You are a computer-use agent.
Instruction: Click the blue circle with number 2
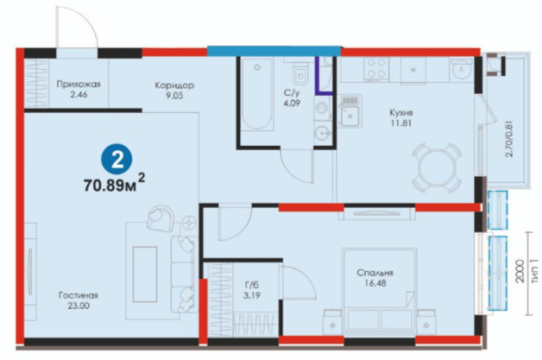point(117,160)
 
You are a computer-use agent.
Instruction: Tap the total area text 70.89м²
point(115,183)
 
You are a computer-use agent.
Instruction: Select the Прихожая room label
point(79,84)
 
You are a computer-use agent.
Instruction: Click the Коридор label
point(174,85)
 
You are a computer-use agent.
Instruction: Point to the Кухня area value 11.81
point(401,123)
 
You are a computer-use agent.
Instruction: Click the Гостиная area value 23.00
point(79,306)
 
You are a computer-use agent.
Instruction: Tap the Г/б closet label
point(252,285)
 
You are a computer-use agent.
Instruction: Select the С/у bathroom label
point(292,92)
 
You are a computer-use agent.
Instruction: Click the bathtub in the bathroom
point(257,94)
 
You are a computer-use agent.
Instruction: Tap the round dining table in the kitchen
point(436,168)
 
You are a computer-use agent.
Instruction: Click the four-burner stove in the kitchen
point(376,68)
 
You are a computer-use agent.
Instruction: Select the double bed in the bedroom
point(380,291)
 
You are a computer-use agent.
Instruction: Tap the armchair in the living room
point(161,218)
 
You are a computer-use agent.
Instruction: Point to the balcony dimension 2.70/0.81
point(509,138)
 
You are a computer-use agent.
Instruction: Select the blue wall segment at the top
point(274,51)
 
